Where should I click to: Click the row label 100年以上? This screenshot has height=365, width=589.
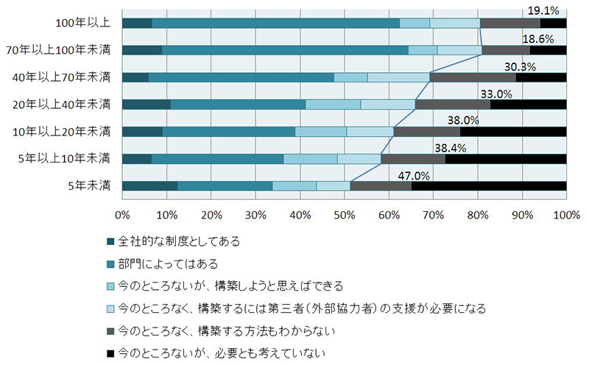pos(82,23)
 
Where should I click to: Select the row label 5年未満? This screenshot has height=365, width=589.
pos(88,185)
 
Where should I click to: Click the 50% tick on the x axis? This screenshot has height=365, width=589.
pos(345,215)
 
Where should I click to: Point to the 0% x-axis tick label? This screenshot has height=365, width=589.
pos(122,215)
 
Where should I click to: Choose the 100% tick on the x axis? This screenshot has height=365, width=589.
pos(565,215)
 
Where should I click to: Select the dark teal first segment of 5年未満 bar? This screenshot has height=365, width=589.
pos(149,185)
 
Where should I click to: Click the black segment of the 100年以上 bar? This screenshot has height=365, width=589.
pos(553,23)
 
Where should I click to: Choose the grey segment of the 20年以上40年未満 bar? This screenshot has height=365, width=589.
pos(452,104)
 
